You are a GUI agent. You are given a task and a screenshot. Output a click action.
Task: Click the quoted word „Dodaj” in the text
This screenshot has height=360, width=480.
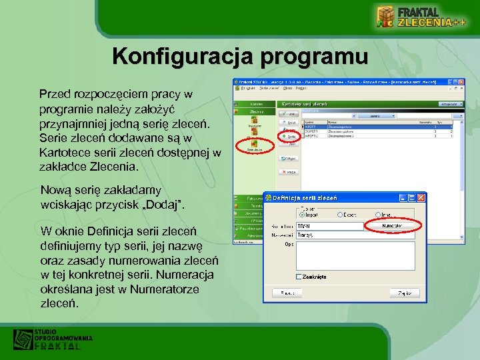click(x=163, y=203)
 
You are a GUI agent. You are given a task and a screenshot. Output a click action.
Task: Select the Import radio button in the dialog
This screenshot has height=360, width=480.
click(x=303, y=215)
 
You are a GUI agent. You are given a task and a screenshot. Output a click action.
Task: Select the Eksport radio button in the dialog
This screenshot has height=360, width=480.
click(x=341, y=215)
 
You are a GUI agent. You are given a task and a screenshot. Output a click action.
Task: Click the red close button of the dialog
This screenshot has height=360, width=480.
click(x=421, y=198)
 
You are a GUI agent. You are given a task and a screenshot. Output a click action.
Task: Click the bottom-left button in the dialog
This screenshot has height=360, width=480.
click(x=287, y=293)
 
